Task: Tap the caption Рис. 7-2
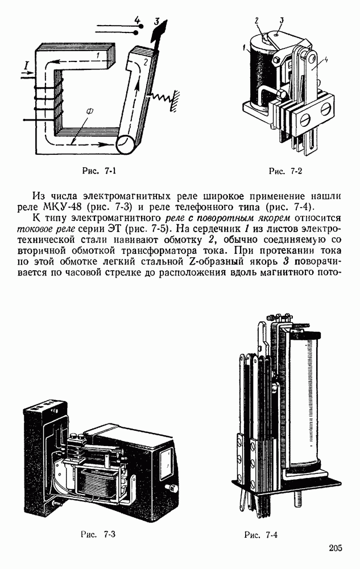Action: point(284,170)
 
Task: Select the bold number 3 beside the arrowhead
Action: point(156,22)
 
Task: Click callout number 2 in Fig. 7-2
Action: point(257,20)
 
